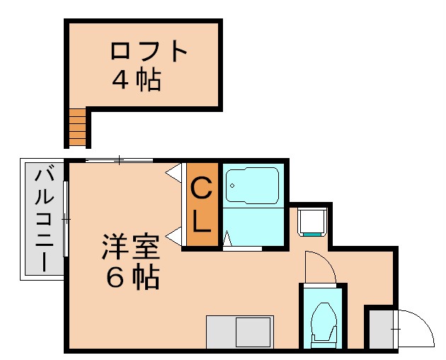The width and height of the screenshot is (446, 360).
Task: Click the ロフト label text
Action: click(149, 52)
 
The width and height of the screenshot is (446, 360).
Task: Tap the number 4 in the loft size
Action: click(121, 79)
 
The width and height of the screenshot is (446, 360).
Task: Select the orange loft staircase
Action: click(77, 128)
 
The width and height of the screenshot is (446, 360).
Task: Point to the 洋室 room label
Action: click(131, 249)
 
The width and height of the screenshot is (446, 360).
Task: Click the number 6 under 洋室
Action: click(115, 279)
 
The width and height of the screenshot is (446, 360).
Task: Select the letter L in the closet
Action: click(202, 223)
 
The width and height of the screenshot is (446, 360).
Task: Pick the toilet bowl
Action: click(323, 322)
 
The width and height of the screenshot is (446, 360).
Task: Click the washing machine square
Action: click(312, 221)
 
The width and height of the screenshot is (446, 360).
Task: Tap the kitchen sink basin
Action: click(253, 332)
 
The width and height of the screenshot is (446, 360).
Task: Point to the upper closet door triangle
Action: click(174, 172)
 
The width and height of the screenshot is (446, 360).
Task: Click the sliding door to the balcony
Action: click(66, 219)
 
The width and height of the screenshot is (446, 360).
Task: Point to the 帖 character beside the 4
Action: click(148, 79)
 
